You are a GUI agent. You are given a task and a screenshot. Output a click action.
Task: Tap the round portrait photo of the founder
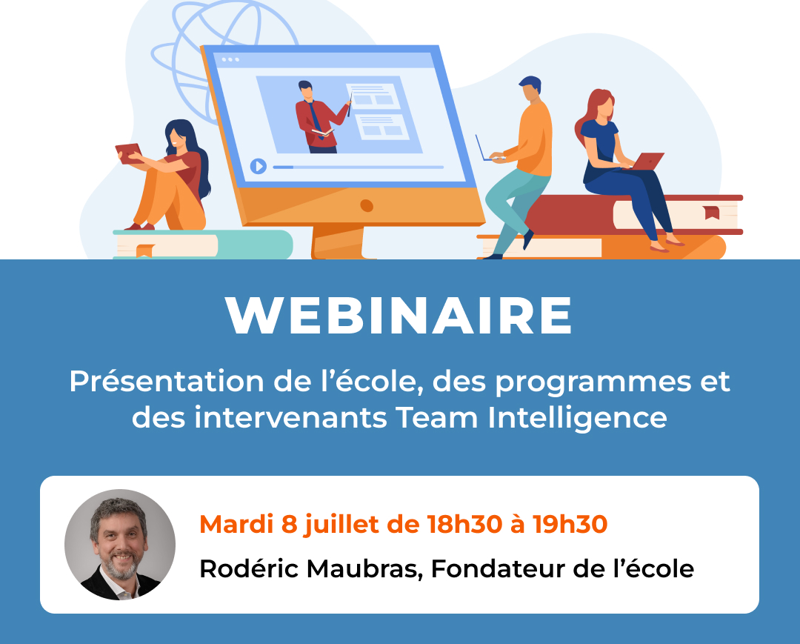pyautogui.click(x=120, y=545)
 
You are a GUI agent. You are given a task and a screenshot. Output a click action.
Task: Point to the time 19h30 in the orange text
pyautogui.click(x=570, y=524)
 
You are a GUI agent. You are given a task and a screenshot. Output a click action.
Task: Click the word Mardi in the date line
pyautogui.click(x=236, y=524)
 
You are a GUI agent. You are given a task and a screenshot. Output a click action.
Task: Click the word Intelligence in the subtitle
pyautogui.click(x=577, y=419)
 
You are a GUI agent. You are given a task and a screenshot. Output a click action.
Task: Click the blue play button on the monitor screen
pyautogui.click(x=259, y=166)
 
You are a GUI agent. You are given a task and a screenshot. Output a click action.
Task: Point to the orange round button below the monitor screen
pyautogui.click(x=367, y=206)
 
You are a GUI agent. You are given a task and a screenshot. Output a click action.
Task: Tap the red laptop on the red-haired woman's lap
pyautogui.click(x=647, y=162)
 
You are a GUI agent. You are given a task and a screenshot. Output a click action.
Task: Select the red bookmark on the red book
pyautogui.click(x=712, y=212)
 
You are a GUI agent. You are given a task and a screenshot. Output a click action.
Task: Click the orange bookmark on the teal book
pyautogui.click(x=145, y=250)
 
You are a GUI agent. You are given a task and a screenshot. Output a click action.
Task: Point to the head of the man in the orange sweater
pyautogui.click(x=530, y=89)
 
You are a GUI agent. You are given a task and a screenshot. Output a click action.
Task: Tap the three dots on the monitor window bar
pyautogui.click(x=230, y=60)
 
